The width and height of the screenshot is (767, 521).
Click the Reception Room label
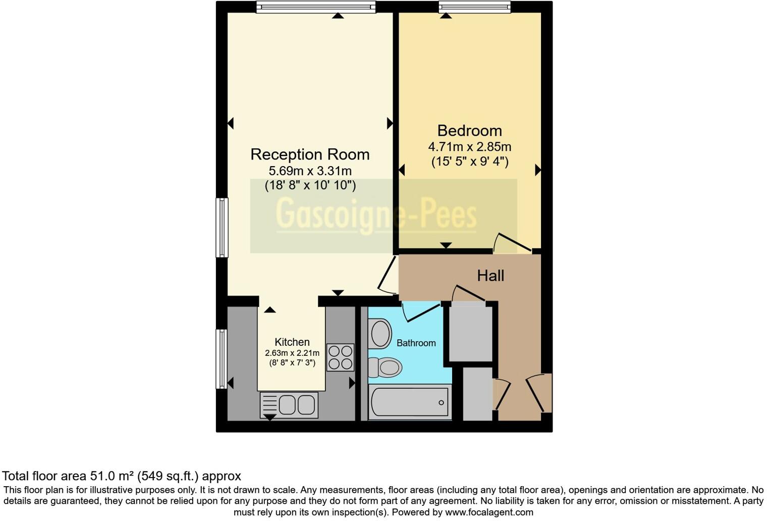pos(310,154)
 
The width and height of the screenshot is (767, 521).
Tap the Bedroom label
pos(469,131)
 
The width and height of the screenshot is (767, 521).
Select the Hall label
pos(490,276)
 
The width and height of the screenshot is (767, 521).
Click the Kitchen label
pos(292,342)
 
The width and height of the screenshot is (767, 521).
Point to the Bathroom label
pos(416,343)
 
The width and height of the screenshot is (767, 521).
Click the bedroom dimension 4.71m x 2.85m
pos(469,147)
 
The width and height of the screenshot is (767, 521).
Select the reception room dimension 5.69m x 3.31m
pos(310,171)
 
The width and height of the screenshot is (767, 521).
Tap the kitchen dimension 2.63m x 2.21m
pos(292,353)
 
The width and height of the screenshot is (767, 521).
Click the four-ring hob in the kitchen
pos(340,357)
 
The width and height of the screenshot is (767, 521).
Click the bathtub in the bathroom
pos(409,402)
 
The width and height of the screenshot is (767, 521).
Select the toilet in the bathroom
pos(385,367)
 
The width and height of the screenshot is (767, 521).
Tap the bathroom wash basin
pos(380,333)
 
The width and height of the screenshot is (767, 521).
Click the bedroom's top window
pos(474,7)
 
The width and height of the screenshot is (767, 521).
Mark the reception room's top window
pos(316,7)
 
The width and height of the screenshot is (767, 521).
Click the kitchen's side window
pos(222,359)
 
